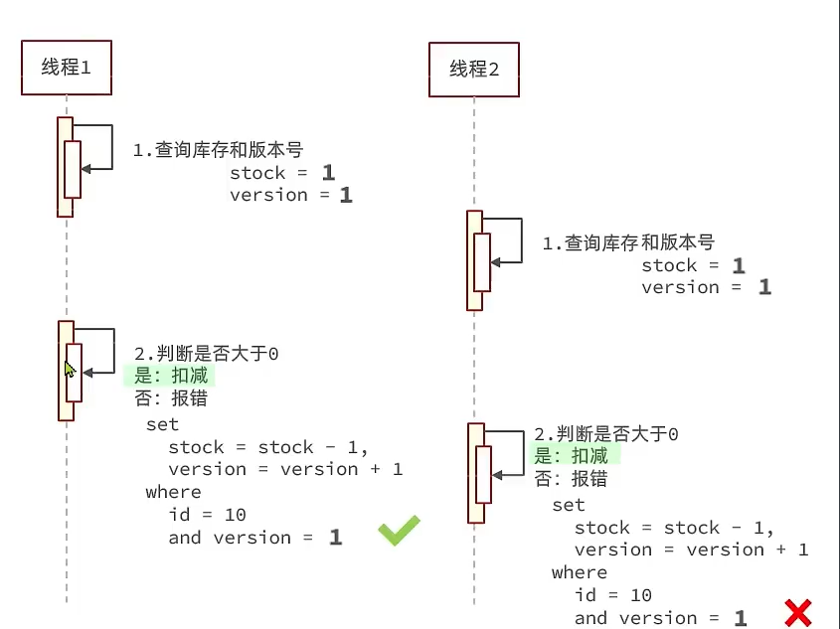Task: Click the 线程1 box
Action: [x=67, y=68]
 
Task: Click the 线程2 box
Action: [x=474, y=69]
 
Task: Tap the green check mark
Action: [x=399, y=531]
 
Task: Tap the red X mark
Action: [x=797, y=613]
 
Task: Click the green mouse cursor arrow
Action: [x=70, y=370]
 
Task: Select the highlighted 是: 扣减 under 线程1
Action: [x=169, y=377]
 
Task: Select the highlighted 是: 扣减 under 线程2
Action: [x=575, y=455]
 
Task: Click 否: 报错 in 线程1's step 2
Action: [x=170, y=398]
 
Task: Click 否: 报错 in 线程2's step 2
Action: [x=571, y=478]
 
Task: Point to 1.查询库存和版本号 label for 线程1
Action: [x=218, y=150]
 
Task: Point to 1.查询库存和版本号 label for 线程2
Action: [x=628, y=242]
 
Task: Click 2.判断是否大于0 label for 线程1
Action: [x=206, y=354]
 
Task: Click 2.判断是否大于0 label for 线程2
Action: [x=606, y=434]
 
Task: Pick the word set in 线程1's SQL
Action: [x=162, y=425]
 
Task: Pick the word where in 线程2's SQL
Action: [x=579, y=572]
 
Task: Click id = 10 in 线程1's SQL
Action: [x=207, y=515]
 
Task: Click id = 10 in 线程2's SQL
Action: [x=613, y=595]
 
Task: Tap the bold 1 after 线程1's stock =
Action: [x=328, y=173]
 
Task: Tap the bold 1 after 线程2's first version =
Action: [x=764, y=287]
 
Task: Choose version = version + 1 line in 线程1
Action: [x=285, y=469]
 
